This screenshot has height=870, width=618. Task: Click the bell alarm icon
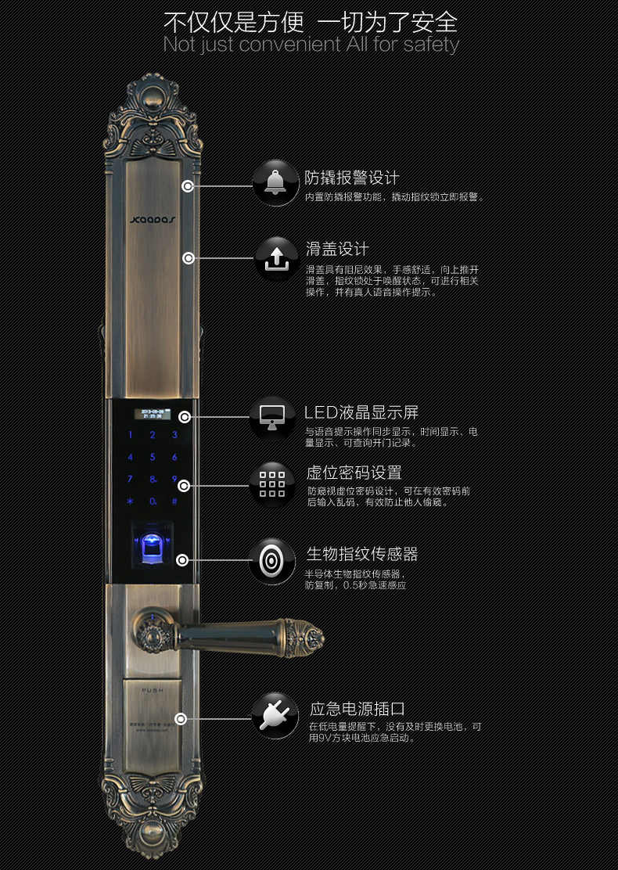click(x=275, y=183)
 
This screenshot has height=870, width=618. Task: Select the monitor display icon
click(x=272, y=416)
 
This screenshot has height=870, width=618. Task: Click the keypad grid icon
click(x=272, y=483)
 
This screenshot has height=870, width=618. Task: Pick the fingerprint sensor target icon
click(x=272, y=560)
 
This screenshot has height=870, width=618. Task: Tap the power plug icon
click(x=275, y=714)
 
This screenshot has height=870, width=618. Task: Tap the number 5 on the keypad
click(x=153, y=457)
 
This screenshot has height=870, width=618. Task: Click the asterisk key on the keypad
click(x=130, y=501)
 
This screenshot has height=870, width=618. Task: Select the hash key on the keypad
click(x=174, y=501)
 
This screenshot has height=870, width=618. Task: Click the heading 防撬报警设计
click(x=352, y=178)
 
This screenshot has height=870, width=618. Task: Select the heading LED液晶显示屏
click(x=361, y=412)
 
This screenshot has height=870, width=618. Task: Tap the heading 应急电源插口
click(x=358, y=709)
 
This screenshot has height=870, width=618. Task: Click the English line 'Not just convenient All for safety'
click(x=311, y=45)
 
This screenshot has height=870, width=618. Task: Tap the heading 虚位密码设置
click(x=354, y=473)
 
